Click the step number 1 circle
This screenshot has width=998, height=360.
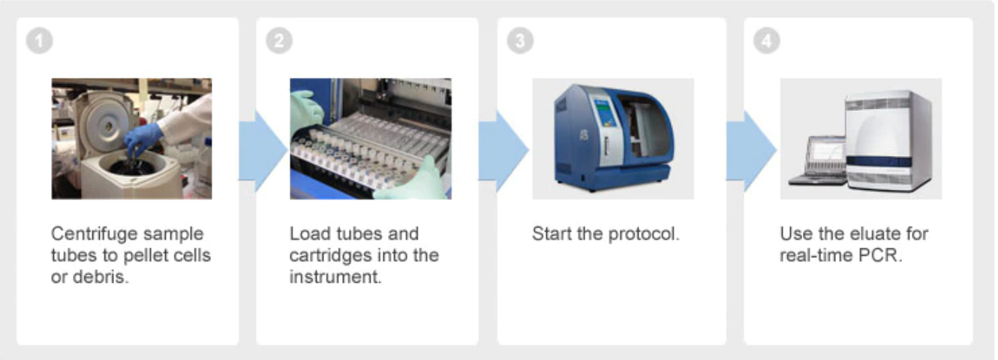click(39, 40)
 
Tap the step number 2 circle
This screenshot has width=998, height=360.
click(279, 40)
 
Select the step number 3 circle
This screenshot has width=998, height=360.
click(520, 40)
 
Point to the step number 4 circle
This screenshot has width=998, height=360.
click(766, 40)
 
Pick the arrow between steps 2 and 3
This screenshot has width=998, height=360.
click(504, 151)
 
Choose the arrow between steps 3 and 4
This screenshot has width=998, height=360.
click(751, 151)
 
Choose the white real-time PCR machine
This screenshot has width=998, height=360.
click(888, 140)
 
